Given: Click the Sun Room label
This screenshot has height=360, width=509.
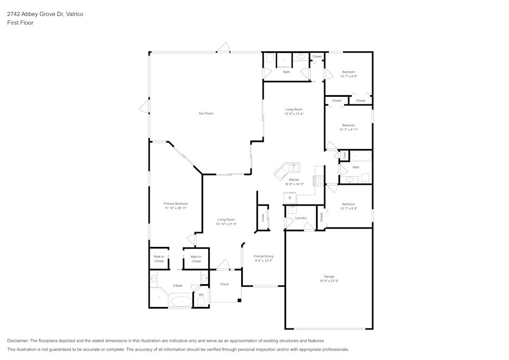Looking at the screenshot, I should coord(206,113).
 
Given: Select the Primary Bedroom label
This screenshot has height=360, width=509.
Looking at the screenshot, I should coord(176,204).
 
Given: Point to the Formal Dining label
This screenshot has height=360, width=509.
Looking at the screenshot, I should coord(264,256).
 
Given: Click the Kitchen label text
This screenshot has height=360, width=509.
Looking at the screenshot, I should coord(294,180).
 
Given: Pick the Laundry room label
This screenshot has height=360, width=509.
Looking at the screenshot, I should coord(301,218).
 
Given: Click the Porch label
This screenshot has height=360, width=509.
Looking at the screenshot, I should coord(224,284).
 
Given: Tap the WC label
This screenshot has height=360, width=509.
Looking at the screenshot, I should coord(201,295).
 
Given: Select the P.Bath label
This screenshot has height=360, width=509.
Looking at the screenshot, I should coord(178,286).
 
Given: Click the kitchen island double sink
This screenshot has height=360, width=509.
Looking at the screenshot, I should coord(294,167).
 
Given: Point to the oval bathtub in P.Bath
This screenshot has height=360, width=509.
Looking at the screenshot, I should coord(181,302).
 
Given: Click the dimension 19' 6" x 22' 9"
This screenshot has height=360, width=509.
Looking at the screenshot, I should coord(329,281).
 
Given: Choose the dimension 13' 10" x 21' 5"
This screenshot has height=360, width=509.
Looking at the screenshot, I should coord(226,224).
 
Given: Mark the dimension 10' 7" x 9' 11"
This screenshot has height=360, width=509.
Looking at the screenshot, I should coord(349,130).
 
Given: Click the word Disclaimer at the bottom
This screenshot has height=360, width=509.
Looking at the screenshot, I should coord(18,341).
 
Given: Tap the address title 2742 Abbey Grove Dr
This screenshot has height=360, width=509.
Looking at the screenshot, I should coord(45,14).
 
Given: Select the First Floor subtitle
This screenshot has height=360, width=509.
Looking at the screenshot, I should coord(20,23).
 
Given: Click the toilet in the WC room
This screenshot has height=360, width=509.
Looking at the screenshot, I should coord(201,302).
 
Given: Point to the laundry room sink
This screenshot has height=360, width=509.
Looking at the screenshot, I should coord(292,210).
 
